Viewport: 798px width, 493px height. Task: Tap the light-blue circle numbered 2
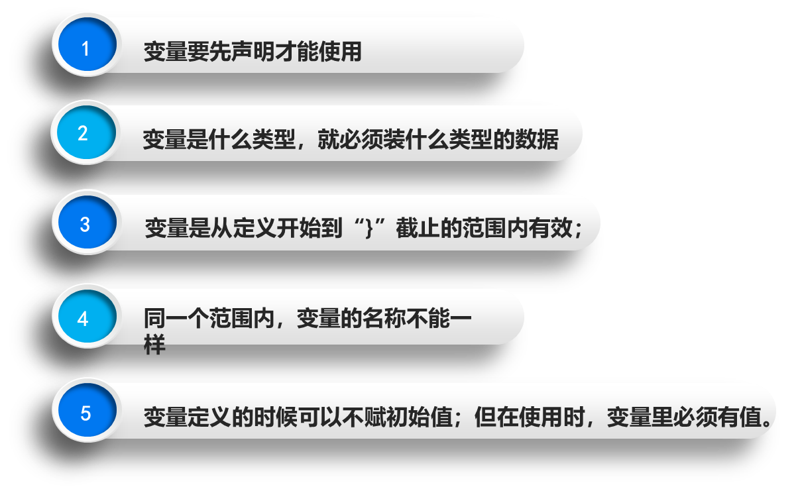84,133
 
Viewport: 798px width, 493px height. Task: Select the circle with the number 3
85,223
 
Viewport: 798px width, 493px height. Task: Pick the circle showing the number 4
84,318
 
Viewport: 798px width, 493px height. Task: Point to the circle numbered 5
85,413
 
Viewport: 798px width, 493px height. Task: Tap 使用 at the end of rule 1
340,52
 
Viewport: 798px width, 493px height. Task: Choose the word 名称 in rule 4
384,319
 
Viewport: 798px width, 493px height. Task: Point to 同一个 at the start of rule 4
176,319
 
